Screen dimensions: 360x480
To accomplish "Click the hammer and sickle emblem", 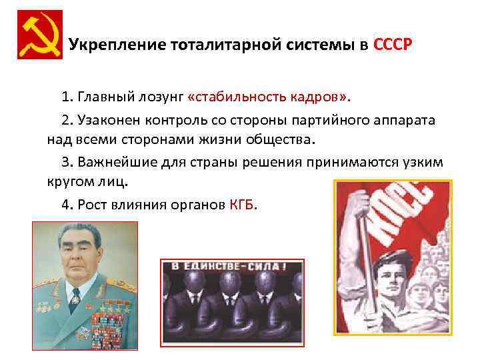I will [39, 35].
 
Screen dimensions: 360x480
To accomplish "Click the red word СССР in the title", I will [393, 45].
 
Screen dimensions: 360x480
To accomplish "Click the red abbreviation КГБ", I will [243, 205].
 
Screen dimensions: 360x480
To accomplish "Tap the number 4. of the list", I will [68, 205].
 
